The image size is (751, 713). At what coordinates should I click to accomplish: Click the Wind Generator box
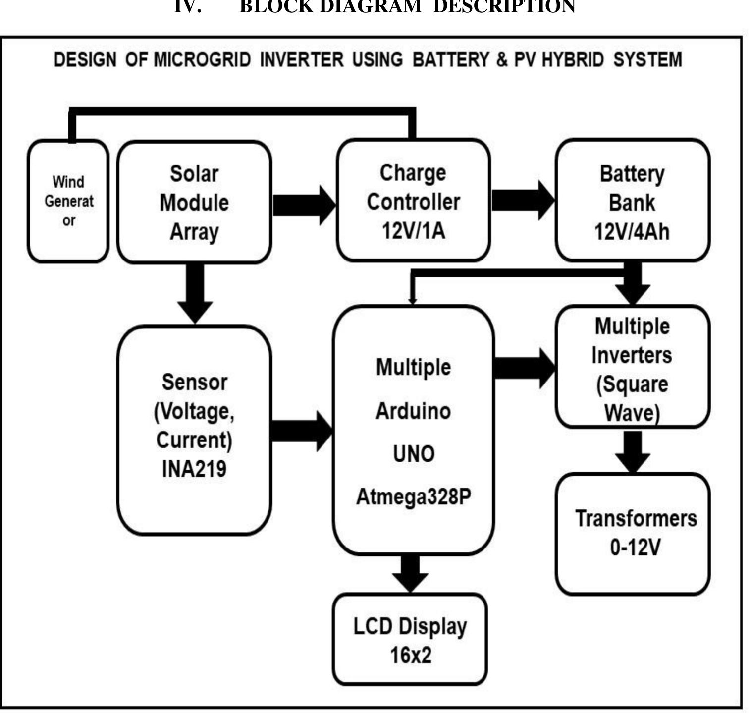(68, 201)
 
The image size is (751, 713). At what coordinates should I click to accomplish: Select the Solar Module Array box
(194, 202)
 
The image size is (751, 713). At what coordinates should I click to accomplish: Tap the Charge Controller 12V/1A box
(413, 201)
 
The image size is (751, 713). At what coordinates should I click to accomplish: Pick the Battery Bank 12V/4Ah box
(632, 201)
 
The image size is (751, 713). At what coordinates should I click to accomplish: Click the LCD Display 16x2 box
(410, 640)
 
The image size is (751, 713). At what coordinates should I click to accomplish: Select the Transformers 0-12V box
(633, 534)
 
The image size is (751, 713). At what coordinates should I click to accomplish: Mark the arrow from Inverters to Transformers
(633, 450)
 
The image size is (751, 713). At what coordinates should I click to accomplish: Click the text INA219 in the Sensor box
(194, 469)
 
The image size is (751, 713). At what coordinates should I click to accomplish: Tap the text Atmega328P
(413, 497)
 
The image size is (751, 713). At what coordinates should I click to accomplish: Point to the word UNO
(413, 454)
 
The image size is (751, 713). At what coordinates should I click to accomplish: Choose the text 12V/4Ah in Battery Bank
(632, 231)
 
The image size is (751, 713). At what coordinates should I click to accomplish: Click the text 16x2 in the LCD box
(410, 656)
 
